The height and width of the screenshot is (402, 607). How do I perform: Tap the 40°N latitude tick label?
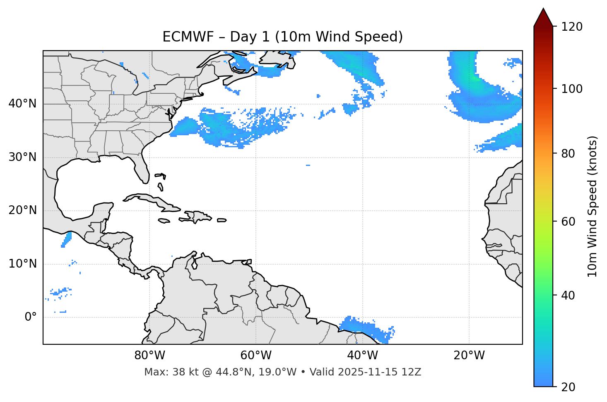22,104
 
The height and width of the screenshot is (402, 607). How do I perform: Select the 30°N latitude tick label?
22,157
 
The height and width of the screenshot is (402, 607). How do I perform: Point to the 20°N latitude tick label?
22,210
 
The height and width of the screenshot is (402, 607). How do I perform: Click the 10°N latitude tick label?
22,264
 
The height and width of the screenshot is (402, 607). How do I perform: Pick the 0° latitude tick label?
31,317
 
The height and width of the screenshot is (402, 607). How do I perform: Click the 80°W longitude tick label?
149,356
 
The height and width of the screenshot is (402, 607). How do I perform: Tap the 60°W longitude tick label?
256,356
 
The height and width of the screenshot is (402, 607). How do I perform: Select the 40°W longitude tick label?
362,356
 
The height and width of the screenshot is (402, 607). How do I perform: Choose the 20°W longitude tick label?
469,356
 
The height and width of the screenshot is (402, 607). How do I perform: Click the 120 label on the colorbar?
572,27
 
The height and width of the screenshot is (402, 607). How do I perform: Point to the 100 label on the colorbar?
572,89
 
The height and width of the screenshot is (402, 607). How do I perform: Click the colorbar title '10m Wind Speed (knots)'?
593,206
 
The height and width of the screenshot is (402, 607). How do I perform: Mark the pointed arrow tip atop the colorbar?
543,9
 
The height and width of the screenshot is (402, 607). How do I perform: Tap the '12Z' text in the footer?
413,372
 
